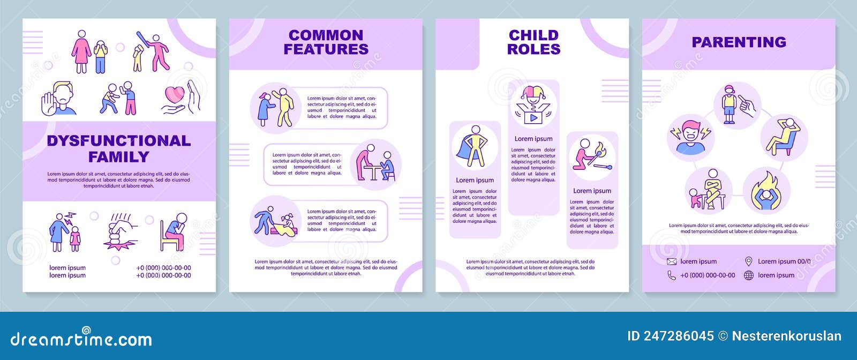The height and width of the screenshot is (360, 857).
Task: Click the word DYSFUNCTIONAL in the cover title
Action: (118, 141)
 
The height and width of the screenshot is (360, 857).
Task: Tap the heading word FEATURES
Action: (326, 49)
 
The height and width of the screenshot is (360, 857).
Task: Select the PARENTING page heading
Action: (739, 42)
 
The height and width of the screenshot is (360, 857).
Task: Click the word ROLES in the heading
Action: (533, 49)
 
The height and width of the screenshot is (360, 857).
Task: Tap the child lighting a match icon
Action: (591, 156)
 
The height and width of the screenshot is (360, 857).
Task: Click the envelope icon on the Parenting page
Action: (672, 261)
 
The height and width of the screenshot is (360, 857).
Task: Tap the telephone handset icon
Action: (672, 275)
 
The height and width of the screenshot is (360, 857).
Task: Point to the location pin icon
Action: (749, 261)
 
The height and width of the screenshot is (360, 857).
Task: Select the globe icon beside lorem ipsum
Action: (749, 275)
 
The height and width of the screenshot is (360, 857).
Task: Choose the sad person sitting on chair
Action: (174, 232)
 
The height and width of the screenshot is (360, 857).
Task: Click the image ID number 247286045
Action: (679, 336)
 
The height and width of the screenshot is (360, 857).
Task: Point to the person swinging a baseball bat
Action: (156, 51)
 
